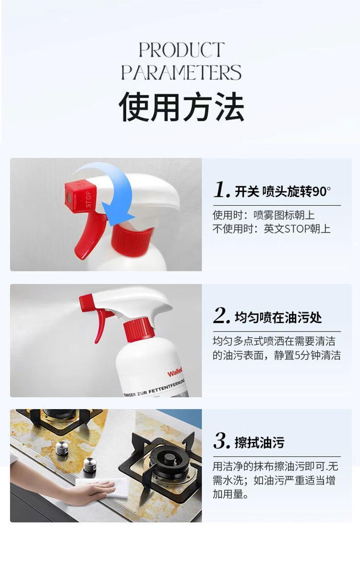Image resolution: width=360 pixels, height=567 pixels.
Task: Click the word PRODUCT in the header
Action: pos(181,50)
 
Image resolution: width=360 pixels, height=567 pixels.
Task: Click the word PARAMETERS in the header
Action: pos(181,72)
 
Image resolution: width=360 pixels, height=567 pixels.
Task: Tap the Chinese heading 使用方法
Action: pos(181,106)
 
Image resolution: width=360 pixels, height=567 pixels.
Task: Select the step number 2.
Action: pos(221,316)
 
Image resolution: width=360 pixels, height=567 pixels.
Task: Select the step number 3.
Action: pos(221,441)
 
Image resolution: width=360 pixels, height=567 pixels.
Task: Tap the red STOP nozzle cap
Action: pos(80,196)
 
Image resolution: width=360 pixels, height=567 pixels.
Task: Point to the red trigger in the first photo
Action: pos(89,235)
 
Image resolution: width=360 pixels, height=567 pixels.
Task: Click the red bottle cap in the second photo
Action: pos(139,330)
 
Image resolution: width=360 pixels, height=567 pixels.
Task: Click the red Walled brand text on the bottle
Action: pos(175,372)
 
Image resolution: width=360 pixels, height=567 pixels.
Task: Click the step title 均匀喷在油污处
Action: pos(278,318)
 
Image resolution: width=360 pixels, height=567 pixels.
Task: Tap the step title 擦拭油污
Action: pos(259,443)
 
